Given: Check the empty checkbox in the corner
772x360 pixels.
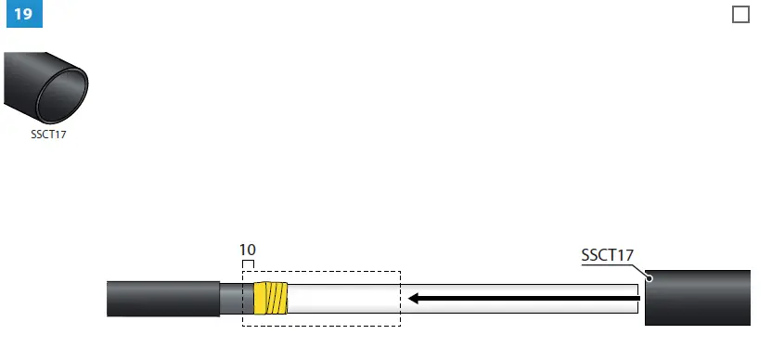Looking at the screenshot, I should (740, 15).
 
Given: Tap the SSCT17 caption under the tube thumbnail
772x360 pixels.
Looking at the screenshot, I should (49, 134).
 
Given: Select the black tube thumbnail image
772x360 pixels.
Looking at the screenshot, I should (46, 88).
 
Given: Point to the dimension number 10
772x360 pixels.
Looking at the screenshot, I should (248, 250).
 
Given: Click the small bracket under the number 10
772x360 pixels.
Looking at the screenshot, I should (248, 264).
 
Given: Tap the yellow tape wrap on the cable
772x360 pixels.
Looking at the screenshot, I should (271, 298).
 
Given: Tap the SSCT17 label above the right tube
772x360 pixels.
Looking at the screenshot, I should (607, 254).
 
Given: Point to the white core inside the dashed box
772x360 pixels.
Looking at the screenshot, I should (343, 298).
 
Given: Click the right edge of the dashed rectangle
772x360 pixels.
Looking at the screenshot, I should (400, 298).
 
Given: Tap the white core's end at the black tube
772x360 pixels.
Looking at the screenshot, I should (640, 298).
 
